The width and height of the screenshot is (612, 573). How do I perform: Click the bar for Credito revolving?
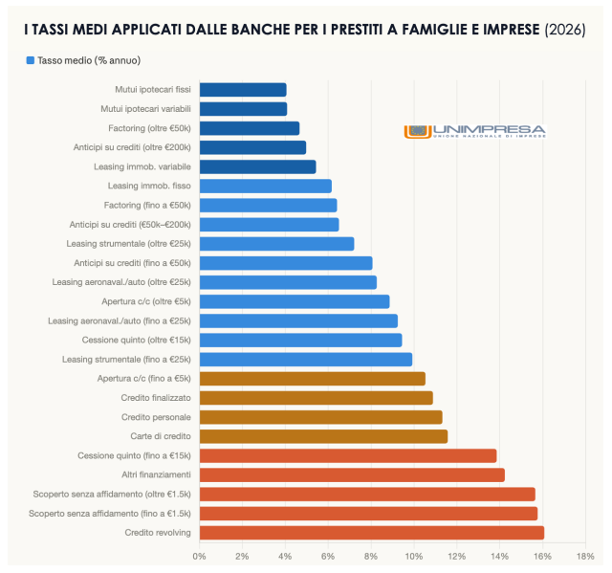tap(371, 533)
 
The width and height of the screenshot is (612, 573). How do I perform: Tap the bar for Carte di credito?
tap(323, 436)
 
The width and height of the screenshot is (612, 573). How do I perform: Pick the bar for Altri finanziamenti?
tap(351, 474)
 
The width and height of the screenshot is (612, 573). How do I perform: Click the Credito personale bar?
tap(320, 417)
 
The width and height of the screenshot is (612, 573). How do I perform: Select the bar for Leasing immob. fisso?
tap(265, 186)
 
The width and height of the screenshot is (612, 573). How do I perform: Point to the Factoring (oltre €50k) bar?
tap(249, 128)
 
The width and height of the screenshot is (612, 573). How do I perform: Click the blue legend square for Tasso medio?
tap(31, 60)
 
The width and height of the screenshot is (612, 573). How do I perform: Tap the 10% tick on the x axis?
tap(413, 556)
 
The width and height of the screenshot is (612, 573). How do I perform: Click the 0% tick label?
tap(199, 556)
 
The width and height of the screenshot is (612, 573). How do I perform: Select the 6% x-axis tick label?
tap(327, 556)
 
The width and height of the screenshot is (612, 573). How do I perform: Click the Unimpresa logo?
tap(475, 131)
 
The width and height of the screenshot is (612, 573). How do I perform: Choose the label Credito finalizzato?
tap(156, 398)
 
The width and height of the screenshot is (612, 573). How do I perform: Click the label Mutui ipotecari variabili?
tap(145, 109)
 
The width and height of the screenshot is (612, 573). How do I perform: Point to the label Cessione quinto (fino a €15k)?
tap(134, 455)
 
